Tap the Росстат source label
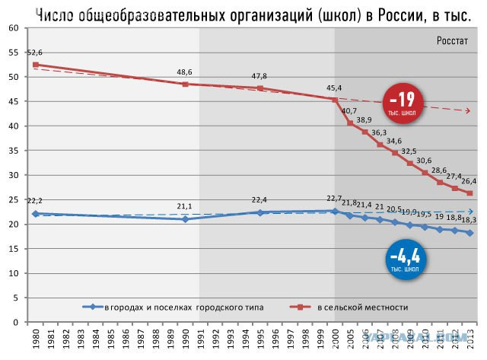pos(454,40)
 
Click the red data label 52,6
pos(35,53)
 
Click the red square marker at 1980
pos(35,65)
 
